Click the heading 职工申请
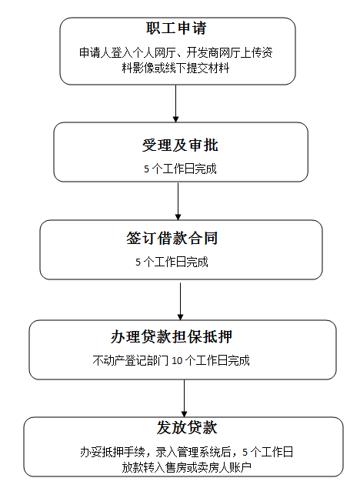click(176, 28)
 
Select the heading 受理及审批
click(180, 145)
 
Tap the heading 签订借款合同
click(172, 238)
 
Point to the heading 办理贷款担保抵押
click(172, 337)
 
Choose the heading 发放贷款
click(187, 427)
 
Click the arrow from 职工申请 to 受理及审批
click(175, 104)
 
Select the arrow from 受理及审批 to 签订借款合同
click(178, 201)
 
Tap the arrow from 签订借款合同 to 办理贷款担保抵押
click(180, 302)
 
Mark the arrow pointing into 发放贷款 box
click(184, 399)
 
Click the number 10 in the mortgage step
click(177, 361)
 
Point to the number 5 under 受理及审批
click(146, 169)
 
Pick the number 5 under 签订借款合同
click(138, 262)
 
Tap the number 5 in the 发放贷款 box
click(245, 452)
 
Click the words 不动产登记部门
click(131, 360)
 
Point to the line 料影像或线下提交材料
click(175, 68)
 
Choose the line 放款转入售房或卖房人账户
click(187, 467)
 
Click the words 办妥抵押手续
click(112, 452)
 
